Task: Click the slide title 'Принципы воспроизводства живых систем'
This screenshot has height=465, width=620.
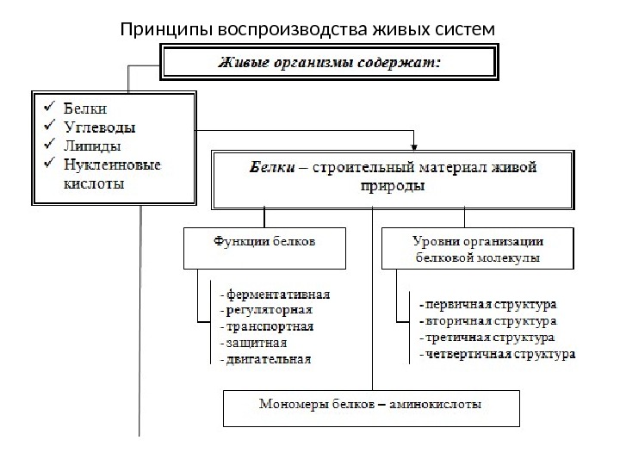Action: click(309, 31)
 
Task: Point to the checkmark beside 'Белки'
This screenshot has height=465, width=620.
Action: click(49, 108)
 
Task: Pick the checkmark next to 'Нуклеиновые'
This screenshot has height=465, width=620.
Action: click(49, 163)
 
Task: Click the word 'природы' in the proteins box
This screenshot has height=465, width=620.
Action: click(392, 186)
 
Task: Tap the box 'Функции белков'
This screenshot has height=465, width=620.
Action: click(264, 243)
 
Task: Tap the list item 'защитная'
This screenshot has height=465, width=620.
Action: click(256, 344)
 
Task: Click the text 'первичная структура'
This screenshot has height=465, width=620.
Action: click(488, 304)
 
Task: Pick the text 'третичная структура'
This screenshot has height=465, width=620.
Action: click(488, 338)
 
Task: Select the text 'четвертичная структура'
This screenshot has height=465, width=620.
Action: click(497, 354)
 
